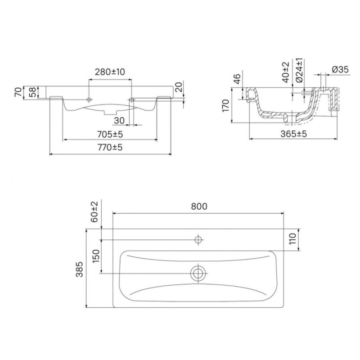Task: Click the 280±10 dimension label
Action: click(110, 72)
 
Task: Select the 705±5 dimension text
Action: click(110, 134)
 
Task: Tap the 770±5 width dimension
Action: click(110, 147)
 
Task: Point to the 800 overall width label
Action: click(199, 207)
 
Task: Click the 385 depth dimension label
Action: click(80, 269)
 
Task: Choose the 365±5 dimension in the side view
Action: click(293, 134)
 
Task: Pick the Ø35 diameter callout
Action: click(340, 69)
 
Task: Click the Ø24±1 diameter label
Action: click(299, 71)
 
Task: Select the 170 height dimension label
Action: click(226, 106)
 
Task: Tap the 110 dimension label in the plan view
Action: click(292, 239)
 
